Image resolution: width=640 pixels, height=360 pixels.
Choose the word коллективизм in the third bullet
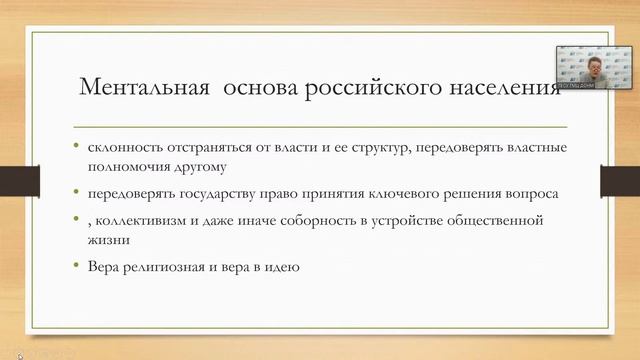pyautogui.click(x=135, y=220)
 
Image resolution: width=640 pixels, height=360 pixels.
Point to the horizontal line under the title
pyautogui.click(x=320, y=128)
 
